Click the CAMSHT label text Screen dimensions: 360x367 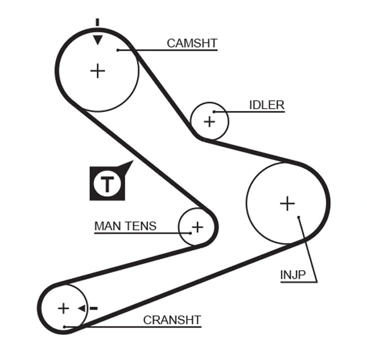click(191, 43)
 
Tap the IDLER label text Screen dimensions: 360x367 click(266, 105)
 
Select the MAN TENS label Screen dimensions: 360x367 click(125, 226)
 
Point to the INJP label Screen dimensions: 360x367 click(292, 275)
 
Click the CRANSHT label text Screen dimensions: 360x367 click(172, 320)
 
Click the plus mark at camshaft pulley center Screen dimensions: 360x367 click(97, 71)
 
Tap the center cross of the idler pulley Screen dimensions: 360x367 click(210, 121)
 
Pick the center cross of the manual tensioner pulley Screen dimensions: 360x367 click(197, 227)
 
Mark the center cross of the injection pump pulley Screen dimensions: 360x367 click(287, 203)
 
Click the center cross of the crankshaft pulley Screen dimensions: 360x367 click(64, 308)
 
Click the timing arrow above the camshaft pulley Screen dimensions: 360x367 click(97, 40)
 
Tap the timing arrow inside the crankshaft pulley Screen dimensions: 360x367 click(81, 308)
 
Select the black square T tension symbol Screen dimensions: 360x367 click(108, 183)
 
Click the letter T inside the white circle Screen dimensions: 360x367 click(108, 183)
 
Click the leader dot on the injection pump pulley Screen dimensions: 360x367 click(298, 217)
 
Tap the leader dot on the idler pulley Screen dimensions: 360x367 click(214, 112)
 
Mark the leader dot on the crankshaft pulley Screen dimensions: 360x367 click(64, 327)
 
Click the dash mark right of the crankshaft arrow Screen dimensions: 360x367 click(94, 308)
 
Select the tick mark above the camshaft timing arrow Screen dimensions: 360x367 click(97, 23)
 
